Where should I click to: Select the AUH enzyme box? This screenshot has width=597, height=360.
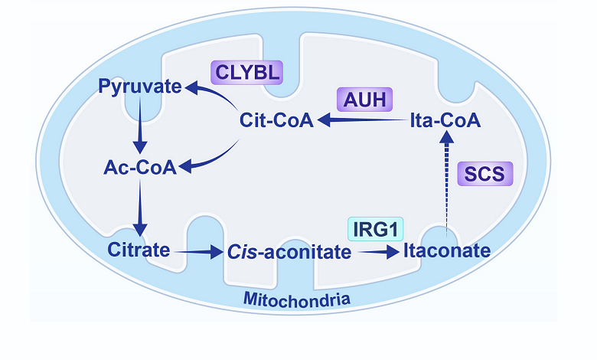click(x=364, y=100)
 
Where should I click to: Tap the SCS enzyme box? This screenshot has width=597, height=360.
click(x=483, y=174)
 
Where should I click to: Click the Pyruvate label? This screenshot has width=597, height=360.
click(x=140, y=87)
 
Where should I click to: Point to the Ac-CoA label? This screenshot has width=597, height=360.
click(x=140, y=167)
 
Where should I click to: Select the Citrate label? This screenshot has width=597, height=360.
click(x=140, y=250)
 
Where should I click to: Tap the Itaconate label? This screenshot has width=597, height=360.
click(x=446, y=250)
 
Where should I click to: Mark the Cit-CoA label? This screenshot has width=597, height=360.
click(x=276, y=120)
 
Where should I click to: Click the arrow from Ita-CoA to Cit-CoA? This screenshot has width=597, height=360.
click(x=363, y=120)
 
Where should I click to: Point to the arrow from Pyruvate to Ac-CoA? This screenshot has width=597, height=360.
click(x=140, y=127)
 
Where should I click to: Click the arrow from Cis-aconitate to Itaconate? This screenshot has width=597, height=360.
click(x=376, y=250)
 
